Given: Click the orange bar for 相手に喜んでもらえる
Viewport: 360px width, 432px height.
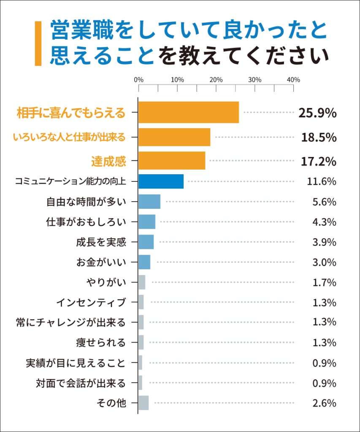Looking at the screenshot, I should coord(189,113).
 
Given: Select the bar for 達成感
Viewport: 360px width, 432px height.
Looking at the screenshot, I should coord(172,161).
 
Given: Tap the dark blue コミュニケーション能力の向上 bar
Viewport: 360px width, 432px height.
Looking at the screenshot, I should coord(161,181).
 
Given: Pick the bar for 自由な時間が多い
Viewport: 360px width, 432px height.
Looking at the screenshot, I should coord(149,202).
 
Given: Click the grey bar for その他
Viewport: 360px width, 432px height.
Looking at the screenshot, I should coord(143,403).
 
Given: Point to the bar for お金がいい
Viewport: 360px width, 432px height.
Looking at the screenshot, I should coord(144,262).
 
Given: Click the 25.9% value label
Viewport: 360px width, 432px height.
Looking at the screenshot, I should coord(317,113).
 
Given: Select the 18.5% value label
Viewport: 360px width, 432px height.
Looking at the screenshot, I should coord(319,137).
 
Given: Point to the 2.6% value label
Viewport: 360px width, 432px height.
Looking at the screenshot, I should coord(324,403).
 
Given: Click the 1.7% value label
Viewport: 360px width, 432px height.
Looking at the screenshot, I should coord(324,282).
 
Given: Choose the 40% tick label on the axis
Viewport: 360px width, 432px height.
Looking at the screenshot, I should coord(293,80).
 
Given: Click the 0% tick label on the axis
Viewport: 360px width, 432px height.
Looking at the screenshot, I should coord(138,80).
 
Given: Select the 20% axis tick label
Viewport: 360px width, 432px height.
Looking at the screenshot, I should coord(216,80).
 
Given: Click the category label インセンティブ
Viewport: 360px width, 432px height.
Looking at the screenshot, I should coord(91,302).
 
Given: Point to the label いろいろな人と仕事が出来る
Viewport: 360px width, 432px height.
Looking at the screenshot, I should coord(69,137).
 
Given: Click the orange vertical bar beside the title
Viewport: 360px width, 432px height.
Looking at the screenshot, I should coord(38,44).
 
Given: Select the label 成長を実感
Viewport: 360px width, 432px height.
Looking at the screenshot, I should coord(101,242).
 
